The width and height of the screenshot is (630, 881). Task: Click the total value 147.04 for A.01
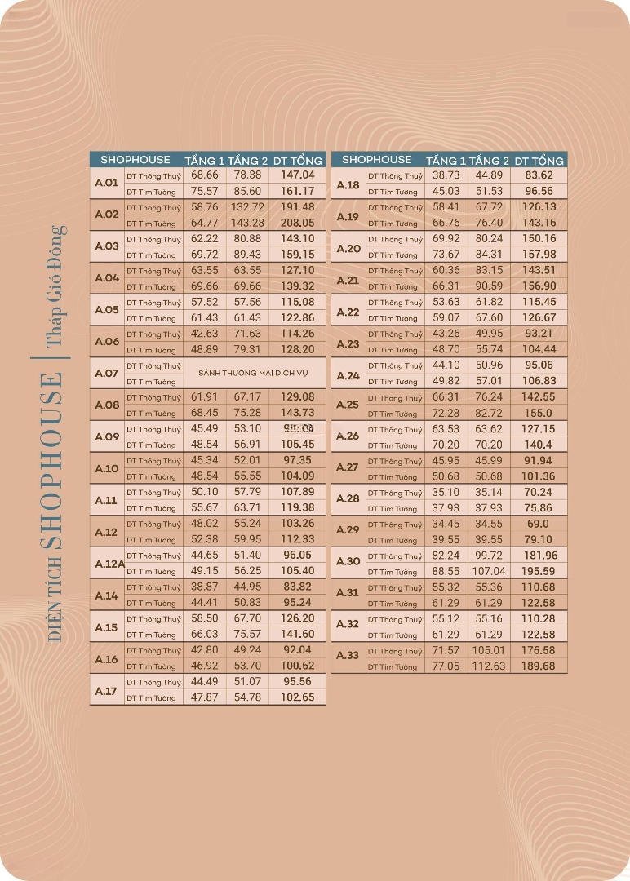coord(298,175)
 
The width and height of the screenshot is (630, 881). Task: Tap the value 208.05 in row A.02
coord(298,223)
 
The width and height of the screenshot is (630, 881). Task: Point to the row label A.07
coord(107,374)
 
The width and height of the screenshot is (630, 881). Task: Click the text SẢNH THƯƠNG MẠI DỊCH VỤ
coord(253,373)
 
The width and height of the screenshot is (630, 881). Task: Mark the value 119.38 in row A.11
coord(298,507)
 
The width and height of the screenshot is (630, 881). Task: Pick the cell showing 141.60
coord(298,634)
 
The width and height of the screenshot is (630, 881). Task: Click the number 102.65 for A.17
coord(298,697)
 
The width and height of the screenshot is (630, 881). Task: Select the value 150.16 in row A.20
coord(539,239)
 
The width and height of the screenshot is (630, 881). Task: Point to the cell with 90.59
coord(490,286)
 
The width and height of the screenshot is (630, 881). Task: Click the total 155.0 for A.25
coord(539,414)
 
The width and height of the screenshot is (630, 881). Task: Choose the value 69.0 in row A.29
coord(539,525)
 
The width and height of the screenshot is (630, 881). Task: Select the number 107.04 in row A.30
coord(490,572)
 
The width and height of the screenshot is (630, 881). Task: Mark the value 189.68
coord(539,666)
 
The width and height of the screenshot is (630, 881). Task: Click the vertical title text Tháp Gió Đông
coord(55,286)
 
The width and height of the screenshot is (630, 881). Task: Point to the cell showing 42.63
coord(204,334)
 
